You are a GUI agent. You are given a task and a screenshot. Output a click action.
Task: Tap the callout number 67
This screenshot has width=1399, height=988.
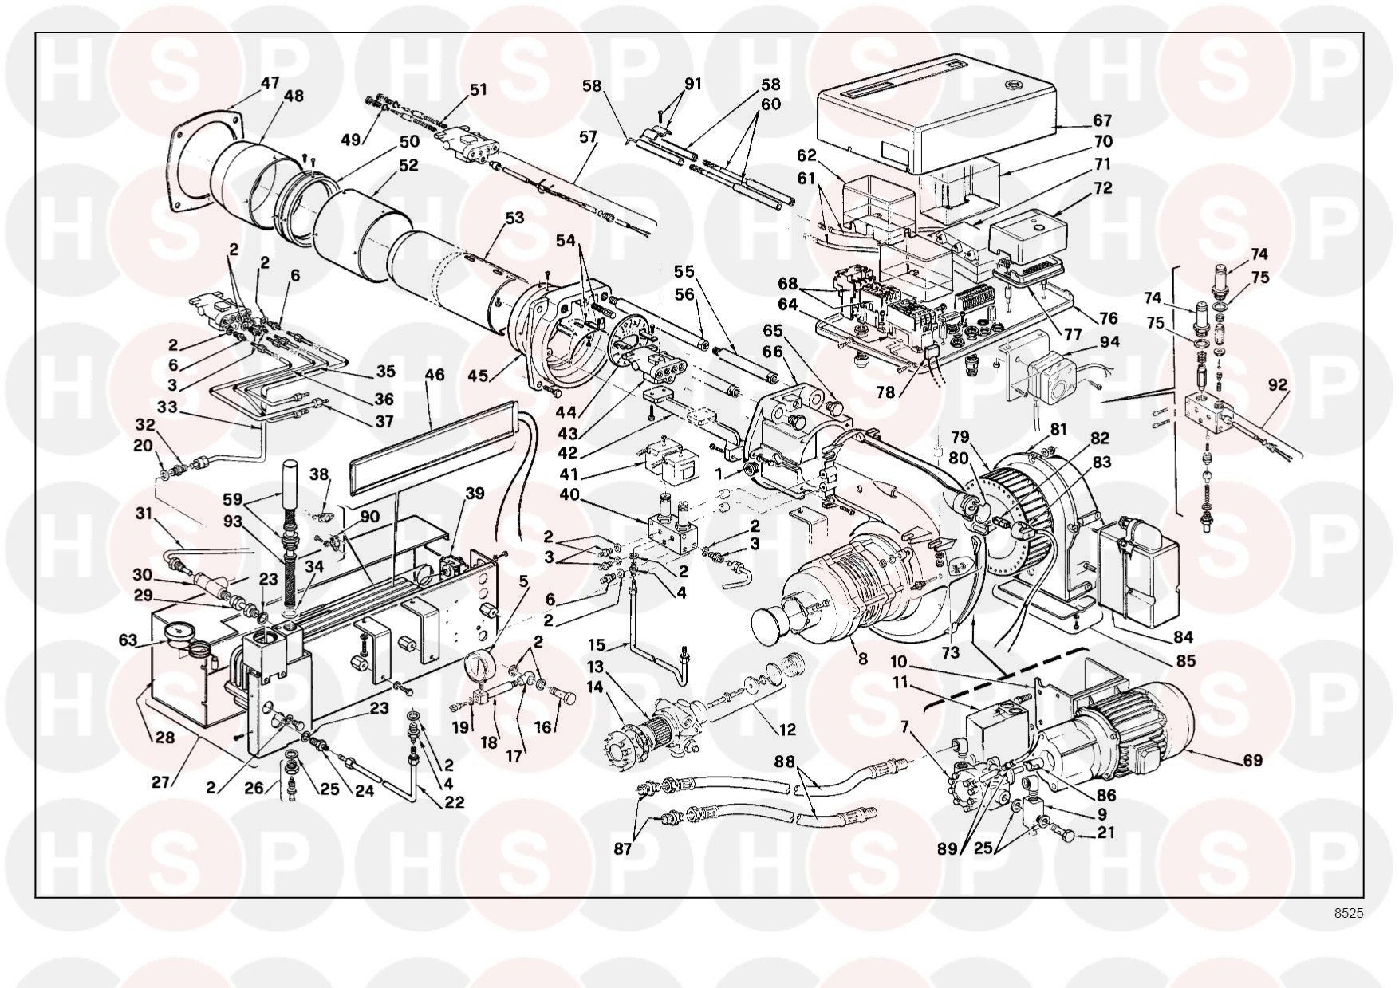(1102, 121)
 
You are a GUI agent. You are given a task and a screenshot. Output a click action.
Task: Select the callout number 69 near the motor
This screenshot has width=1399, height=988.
(1253, 760)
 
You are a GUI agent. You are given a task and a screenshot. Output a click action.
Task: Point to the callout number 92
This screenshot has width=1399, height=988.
(1278, 386)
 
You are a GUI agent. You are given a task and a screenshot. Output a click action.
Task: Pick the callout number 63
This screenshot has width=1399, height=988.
(127, 640)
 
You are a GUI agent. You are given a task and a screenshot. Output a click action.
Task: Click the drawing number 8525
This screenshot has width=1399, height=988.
(1348, 913)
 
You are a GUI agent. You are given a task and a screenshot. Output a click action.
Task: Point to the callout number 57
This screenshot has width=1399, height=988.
(588, 137)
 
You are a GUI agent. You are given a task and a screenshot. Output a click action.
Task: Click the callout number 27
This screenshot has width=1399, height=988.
(161, 782)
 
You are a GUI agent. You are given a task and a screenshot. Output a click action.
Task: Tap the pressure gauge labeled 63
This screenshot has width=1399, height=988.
(183, 634)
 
